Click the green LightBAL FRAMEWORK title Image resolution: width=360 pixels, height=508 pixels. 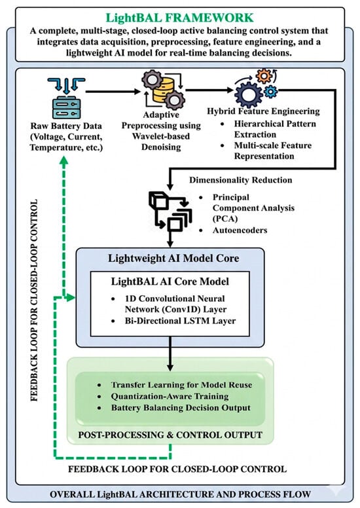(179, 18)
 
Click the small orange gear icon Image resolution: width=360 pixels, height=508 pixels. (264, 76)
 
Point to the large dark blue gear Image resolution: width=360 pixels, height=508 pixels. (249, 95)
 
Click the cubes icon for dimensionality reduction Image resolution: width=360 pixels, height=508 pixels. (170, 211)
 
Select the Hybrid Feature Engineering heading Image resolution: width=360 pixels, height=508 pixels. (263, 111)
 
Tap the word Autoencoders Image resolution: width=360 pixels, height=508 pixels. (240, 230)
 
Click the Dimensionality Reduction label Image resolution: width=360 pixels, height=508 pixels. (240, 180)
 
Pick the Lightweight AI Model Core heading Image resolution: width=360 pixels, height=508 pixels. (173, 258)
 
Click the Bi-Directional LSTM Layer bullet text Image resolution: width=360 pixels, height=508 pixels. (180, 321)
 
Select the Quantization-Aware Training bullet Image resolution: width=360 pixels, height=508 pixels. (170, 396)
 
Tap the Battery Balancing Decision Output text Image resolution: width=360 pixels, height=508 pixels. (181, 408)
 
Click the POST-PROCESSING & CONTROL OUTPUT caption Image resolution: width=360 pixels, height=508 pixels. (170, 435)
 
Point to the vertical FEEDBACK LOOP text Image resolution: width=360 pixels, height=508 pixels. (34, 300)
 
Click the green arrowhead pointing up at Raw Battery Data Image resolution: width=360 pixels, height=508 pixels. (64, 161)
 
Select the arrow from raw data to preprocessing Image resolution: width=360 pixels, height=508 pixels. (113, 92)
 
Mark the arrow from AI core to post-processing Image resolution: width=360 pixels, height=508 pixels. (170, 354)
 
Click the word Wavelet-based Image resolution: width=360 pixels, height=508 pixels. (161, 136)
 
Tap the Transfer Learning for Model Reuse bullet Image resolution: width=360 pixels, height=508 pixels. (181, 385)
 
